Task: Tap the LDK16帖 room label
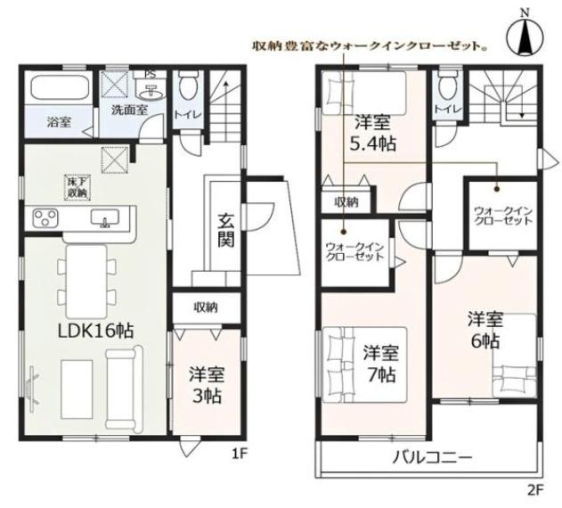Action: (x=95, y=331)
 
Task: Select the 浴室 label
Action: (x=59, y=122)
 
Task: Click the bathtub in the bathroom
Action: (x=61, y=88)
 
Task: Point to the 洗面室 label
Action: (x=129, y=110)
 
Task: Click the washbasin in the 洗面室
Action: (x=152, y=92)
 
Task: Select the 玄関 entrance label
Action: (x=226, y=229)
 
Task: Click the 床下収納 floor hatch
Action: (x=77, y=186)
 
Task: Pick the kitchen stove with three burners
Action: (x=45, y=217)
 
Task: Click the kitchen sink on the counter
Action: (x=105, y=218)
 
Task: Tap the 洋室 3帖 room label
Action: (x=207, y=385)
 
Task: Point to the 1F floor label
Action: (x=240, y=455)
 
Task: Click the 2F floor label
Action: (x=536, y=490)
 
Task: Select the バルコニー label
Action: (x=433, y=457)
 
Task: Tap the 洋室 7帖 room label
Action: (x=380, y=364)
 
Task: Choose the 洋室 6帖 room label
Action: (x=485, y=331)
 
